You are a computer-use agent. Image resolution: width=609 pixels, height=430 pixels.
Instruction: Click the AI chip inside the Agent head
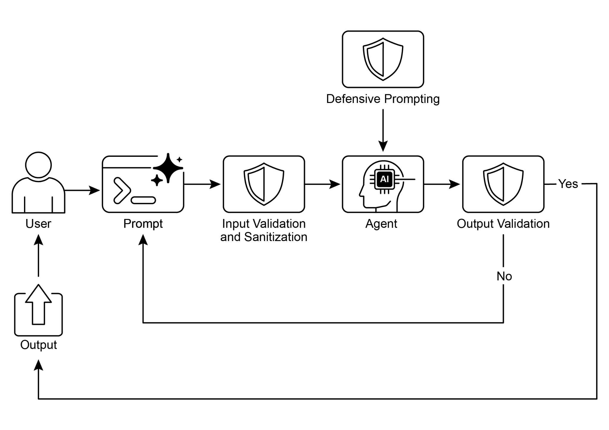pyautogui.click(x=384, y=179)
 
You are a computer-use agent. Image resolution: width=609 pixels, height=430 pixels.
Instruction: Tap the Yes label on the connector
pyautogui.click(x=568, y=184)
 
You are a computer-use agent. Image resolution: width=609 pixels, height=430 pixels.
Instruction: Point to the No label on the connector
pyautogui.click(x=504, y=276)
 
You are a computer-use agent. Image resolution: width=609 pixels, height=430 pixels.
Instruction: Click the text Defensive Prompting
pyautogui.click(x=383, y=99)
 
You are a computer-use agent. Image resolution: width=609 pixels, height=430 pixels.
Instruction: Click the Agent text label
pyautogui.click(x=381, y=224)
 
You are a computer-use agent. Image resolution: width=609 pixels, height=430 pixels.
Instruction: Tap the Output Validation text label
pyautogui.click(x=503, y=224)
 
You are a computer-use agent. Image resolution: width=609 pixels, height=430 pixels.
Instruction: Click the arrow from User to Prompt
pyautogui.click(x=82, y=190)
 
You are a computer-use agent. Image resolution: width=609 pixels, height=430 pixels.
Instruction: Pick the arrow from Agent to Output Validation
pyautogui.click(x=442, y=184)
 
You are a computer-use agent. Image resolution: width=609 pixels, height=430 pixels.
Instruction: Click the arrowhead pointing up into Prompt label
pyautogui.click(x=143, y=240)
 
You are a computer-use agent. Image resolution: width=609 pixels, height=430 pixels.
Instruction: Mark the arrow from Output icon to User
pyautogui.click(x=38, y=256)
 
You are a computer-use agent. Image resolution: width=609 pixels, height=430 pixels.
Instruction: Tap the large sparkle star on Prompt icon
pyautogui.click(x=168, y=168)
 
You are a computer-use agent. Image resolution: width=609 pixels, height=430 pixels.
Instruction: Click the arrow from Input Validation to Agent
pyautogui.click(x=323, y=184)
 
